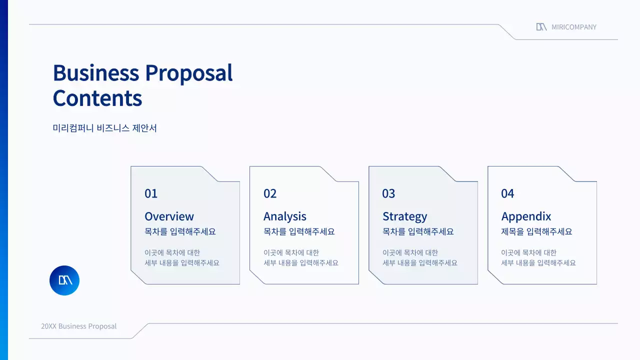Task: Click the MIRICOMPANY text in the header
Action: pos(574,27)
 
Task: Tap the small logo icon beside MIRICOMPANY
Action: pos(541,27)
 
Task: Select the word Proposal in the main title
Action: pos(188,73)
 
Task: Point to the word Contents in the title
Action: pos(97,98)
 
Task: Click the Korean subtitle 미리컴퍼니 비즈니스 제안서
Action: pos(105,128)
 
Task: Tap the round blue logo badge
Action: pos(64,280)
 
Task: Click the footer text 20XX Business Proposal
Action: pos(78,326)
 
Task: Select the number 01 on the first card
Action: pos(151,193)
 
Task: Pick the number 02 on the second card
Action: pos(270,193)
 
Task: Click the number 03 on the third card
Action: pos(388,193)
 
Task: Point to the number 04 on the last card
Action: pos(507,193)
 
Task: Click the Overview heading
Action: pos(169,216)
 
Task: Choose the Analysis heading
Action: pos(285,216)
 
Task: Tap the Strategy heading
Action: pos(404,216)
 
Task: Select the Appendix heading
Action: pos(526,216)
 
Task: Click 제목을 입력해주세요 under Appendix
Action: pos(536,232)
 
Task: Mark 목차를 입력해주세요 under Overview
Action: pos(180,232)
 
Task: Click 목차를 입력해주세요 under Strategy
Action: pos(418,232)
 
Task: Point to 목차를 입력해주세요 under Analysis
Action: pos(299,232)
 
